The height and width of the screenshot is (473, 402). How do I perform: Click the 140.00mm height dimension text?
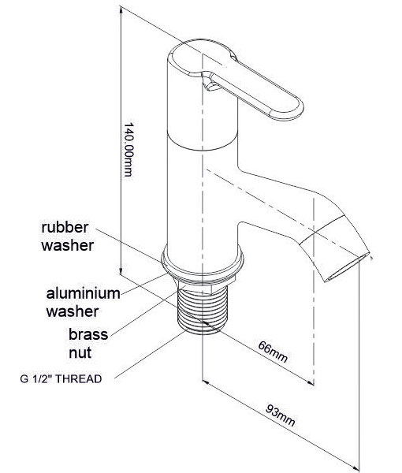pyautogui.click(x=128, y=149)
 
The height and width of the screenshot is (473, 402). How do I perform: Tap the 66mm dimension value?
pyautogui.click(x=273, y=352)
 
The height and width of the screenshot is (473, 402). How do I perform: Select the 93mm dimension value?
pyautogui.click(x=281, y=415)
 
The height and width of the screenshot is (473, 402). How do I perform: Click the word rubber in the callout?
pyautogui.click(x=65, y=227)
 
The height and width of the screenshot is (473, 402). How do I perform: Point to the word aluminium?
pyautogui.click(x=84, y=293)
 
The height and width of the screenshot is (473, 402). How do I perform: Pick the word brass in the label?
pyautogui.click(x=88, y=334)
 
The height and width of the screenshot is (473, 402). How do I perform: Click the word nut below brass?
pyautogui.click(x=80, y=352)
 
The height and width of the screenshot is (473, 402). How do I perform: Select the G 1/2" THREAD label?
pyautogui.click(x=61, y=379)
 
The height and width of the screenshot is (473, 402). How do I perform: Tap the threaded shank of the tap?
pyautogui.click(x=202, y=311)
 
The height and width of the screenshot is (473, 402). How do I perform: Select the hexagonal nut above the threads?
pyautogui.click(x=196, y=287)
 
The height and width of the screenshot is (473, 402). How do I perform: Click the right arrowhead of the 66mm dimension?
pyautogui.click(x=311, y=383)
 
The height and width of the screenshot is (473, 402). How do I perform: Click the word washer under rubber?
pyautogui.click(x=68, y=245)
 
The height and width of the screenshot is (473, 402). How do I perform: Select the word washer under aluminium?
pyautogui.click(x=73, y=311)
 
